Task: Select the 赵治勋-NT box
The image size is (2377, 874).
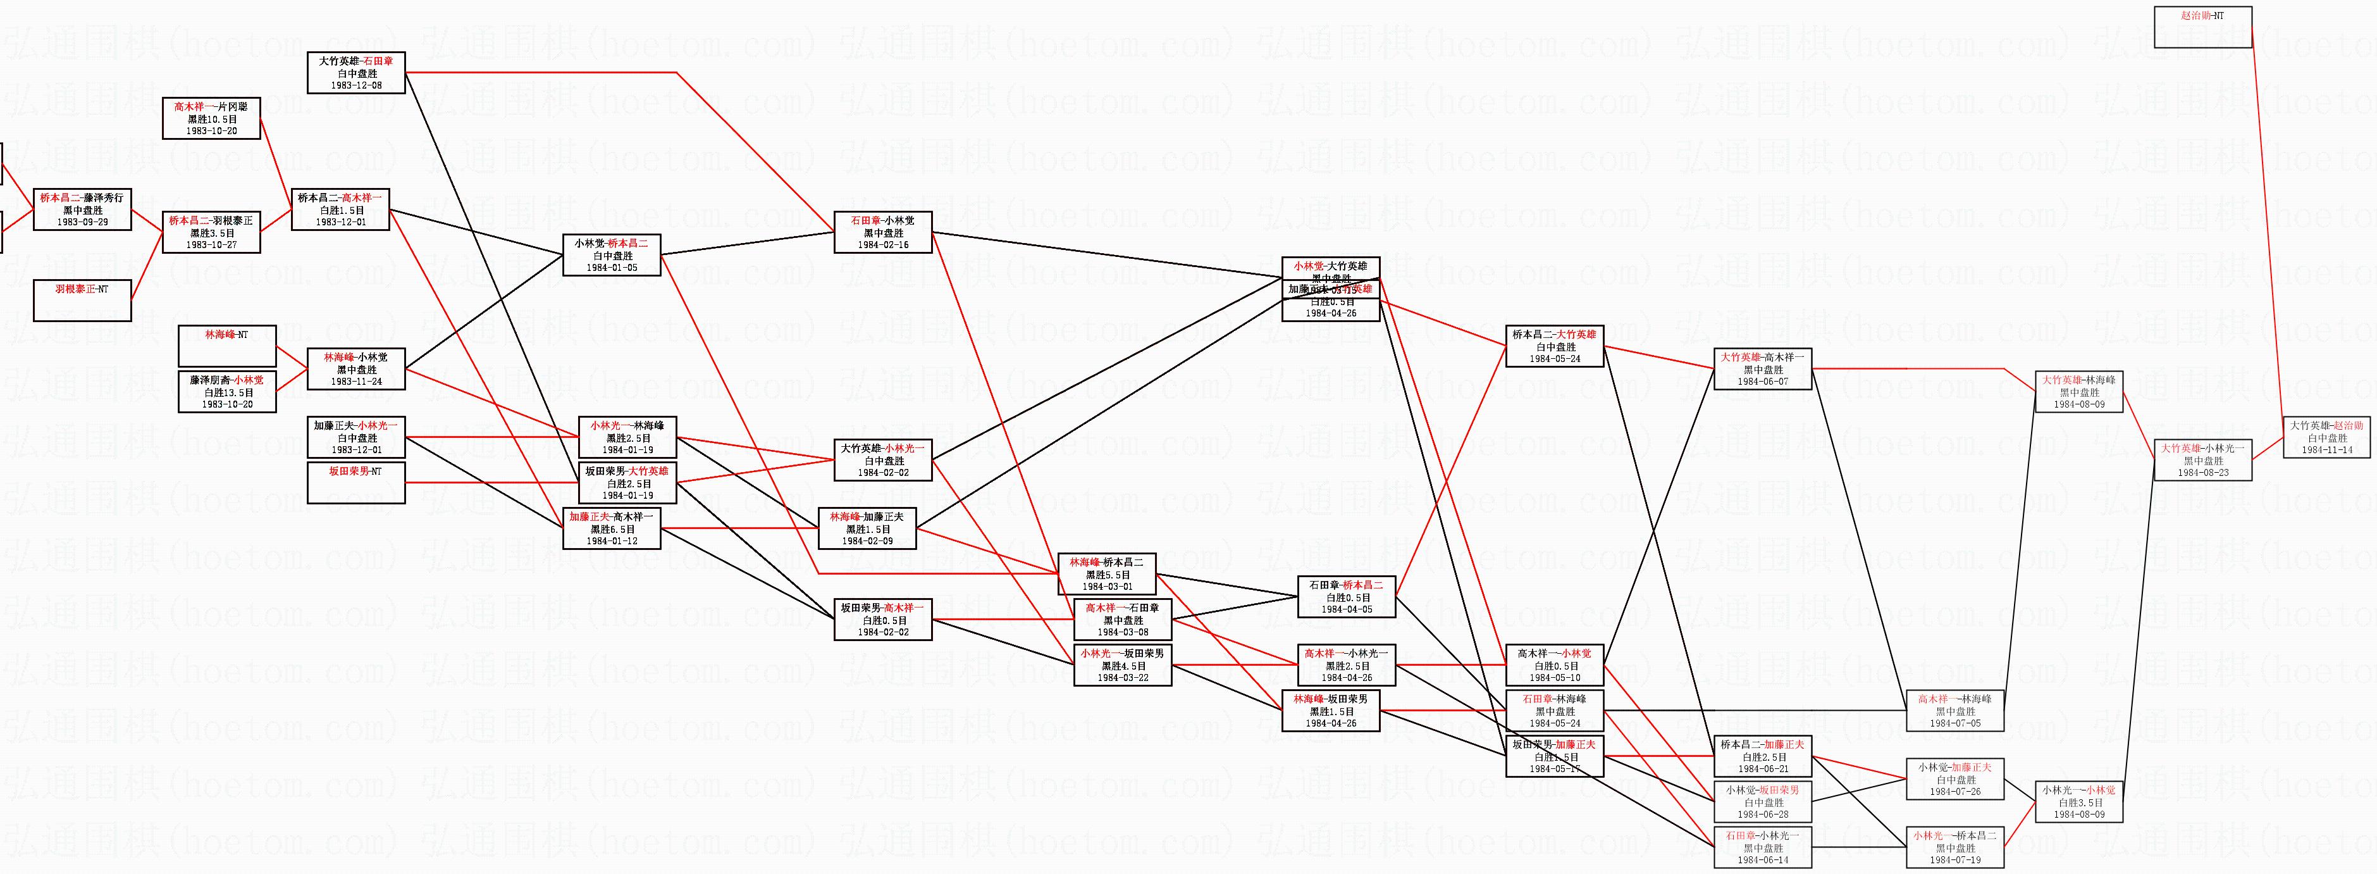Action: click(x=2202, y=27)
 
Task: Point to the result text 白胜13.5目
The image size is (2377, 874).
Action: click(x=227, y=392)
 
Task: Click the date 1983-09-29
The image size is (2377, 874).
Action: click(x=82, y=222)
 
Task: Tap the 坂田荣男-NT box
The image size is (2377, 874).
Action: click(x=355, y=483)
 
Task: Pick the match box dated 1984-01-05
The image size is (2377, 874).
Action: click(x=612, y=256)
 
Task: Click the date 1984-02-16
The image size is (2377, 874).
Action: click(x=883, y=246)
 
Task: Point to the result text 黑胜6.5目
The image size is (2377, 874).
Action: click(x=612, y=530)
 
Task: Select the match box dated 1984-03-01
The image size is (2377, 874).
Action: click(x=1106, y=574)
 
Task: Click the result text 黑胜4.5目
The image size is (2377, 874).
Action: click(x=1123, y=665)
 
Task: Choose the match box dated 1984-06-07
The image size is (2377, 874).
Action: click(x=1762, y=368)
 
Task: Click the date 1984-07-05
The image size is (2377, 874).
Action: click(x=1954, y=723)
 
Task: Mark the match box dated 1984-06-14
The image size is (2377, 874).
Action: click(x=1762, y=848)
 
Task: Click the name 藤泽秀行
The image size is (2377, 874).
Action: click(x=103, y=197)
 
